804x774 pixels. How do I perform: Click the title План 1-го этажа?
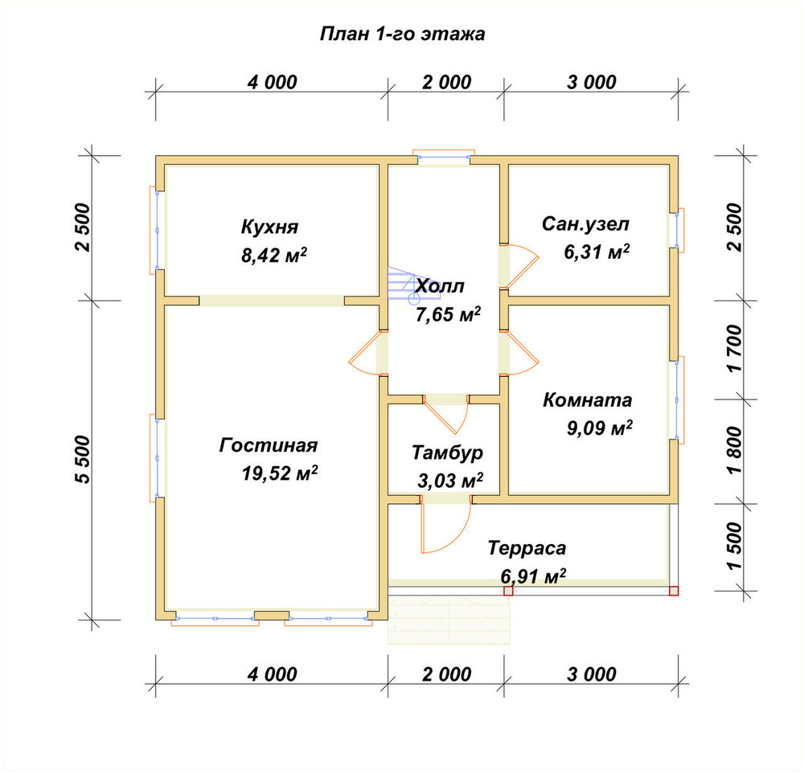click(x=403, y=34)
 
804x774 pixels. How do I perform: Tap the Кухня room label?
click(x=269, y=227)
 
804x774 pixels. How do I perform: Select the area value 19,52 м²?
click(x=280, y=473)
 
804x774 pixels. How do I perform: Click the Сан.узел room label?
click(x=585, y=224)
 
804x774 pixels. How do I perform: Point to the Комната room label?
click(x=587, y=399)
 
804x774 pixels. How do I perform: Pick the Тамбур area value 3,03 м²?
click(x=449, y=481)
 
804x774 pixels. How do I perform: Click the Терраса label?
click(x=527, y=548)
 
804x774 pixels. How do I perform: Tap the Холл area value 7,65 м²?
click(x=448, y=314)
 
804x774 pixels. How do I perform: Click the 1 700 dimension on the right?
click(x=734, y=349)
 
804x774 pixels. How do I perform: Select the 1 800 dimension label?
click(x=734, y=450)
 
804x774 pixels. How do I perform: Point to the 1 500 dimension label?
click(x=734, y=546)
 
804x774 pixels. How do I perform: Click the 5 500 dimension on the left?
click(x=83, y=459)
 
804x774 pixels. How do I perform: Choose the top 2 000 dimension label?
click(x=446, y=83)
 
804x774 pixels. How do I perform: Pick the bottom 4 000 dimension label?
click(x=273, y=674)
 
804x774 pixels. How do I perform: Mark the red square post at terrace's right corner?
click(x=674, y=591)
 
